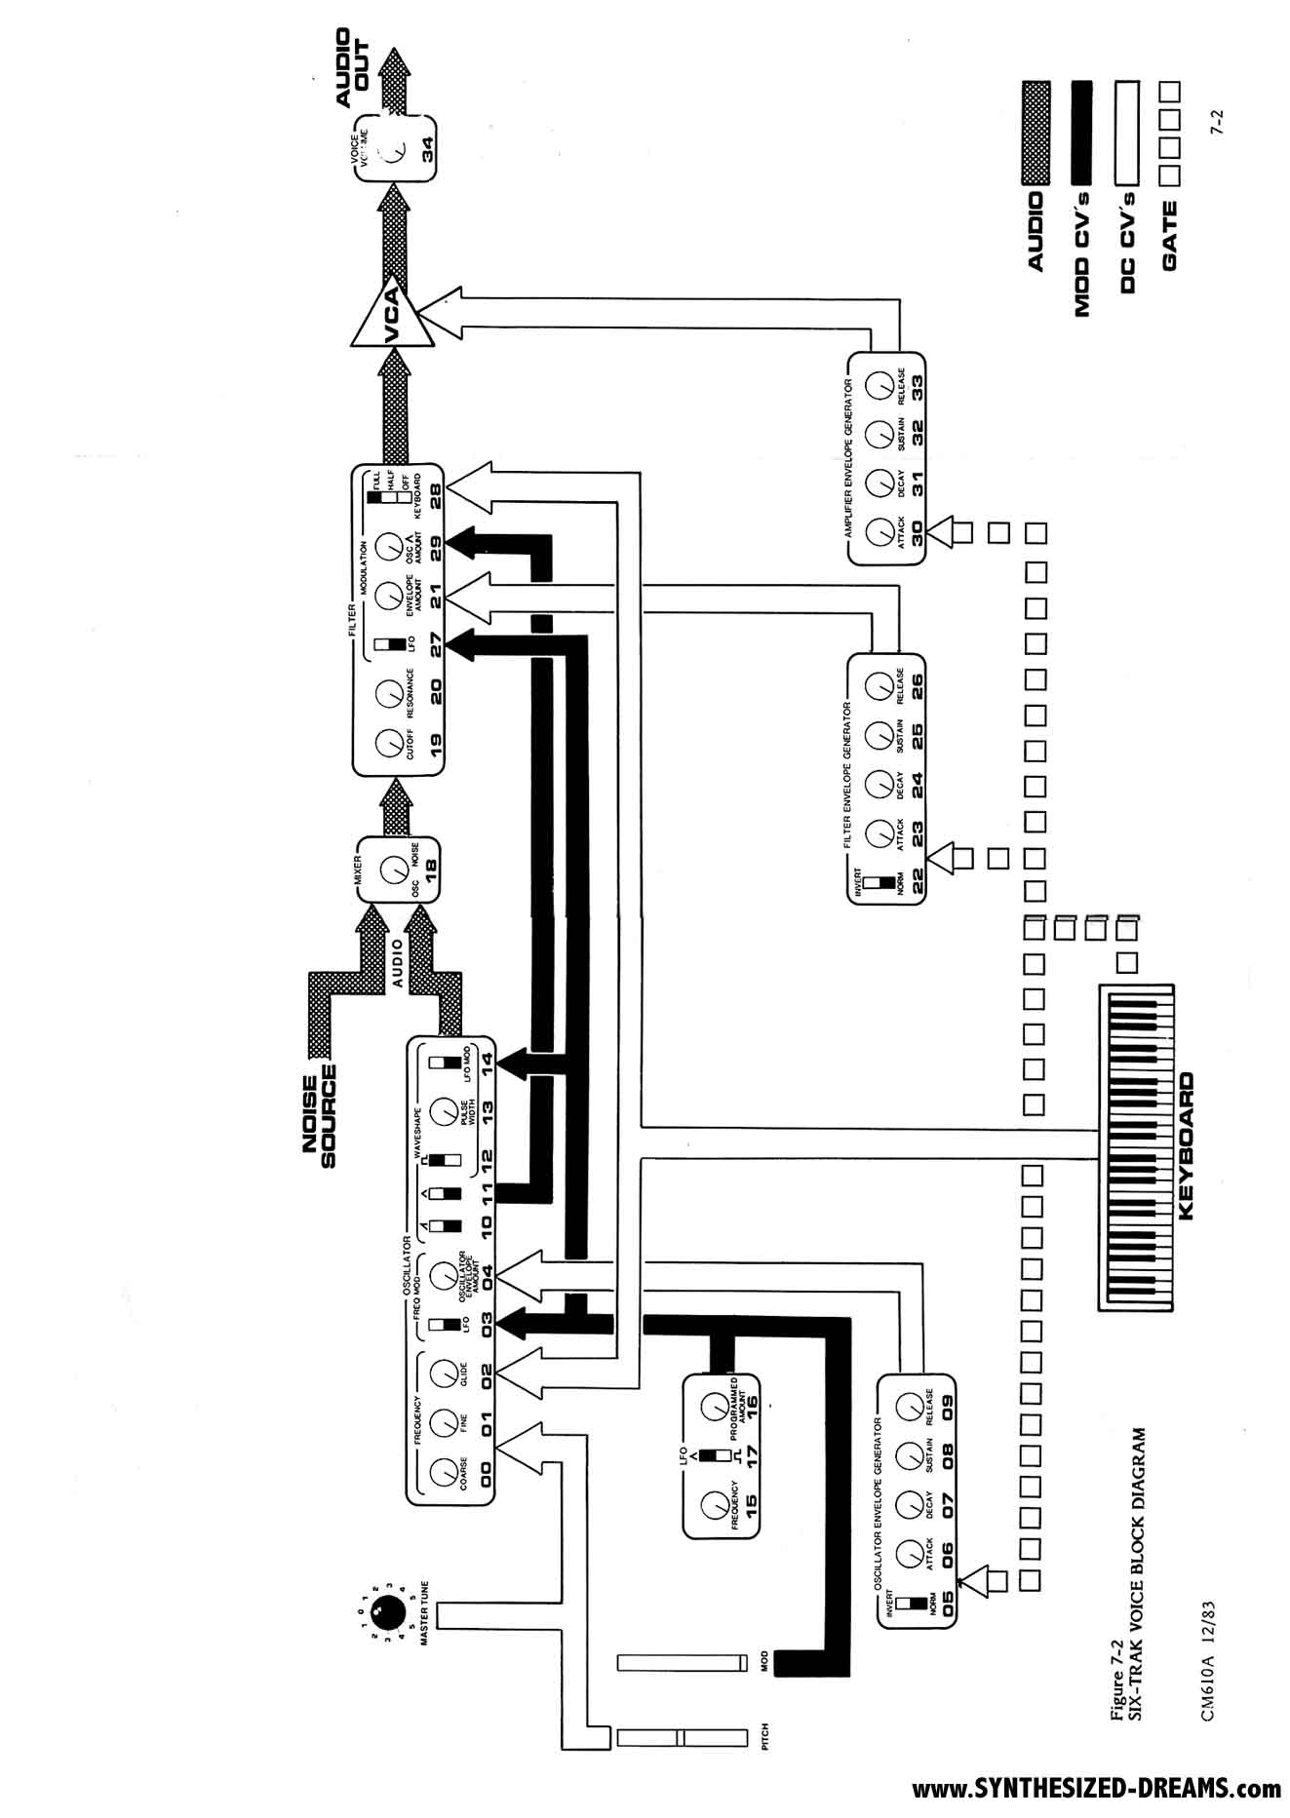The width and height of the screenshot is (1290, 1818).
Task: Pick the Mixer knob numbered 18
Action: click(393, 870)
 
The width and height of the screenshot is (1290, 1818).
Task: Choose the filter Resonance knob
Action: click(387, 690)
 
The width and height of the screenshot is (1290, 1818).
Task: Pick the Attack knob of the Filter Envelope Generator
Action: click(880, 833)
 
